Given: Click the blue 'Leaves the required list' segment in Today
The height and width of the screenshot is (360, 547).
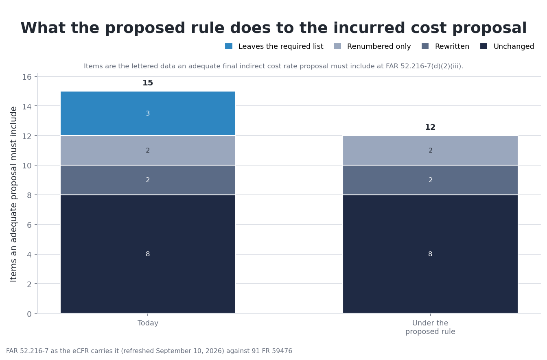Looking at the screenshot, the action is pos(148,113).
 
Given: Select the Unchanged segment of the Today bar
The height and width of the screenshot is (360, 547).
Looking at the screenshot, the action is pos(148,254).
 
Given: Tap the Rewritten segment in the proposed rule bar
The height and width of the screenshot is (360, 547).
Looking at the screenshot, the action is pos(430,180).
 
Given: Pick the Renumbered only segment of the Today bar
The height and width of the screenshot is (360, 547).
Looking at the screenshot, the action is pos(148,151).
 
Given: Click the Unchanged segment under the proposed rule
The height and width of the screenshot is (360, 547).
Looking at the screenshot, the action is pos(430,254).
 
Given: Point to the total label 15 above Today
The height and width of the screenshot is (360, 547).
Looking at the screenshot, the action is pos(148,83).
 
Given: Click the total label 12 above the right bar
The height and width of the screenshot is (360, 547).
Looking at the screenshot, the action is pos(430,127).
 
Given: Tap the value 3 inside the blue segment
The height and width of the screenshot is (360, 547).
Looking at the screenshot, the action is pos(148,113).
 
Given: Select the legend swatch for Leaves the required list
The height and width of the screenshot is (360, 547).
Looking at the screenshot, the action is pos(229,46).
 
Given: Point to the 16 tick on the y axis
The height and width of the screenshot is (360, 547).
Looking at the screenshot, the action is pos(27,77).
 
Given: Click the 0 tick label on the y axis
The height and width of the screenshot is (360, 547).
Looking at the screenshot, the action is pos(29,314).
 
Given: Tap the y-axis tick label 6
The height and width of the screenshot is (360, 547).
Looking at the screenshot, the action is pos(29,225).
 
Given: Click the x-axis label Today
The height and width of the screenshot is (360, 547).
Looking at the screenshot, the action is pos(148,323).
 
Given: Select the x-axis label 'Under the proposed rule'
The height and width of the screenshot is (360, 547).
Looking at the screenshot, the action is pos(430,327).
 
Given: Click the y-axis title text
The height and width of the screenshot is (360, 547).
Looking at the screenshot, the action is pos(13,194).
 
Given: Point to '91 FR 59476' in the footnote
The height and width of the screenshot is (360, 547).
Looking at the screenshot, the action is pos(272,351).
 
